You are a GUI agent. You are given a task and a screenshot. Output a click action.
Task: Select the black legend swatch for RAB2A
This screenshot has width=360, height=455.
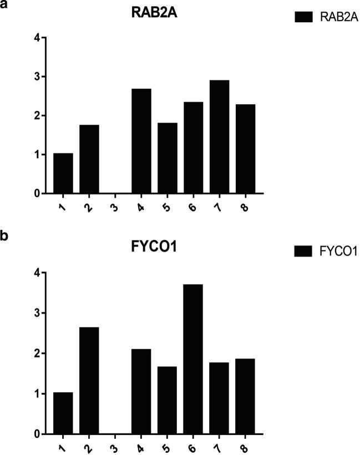(x=305, y=18)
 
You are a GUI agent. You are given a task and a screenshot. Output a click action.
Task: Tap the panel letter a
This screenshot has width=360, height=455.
(x=4, y=6)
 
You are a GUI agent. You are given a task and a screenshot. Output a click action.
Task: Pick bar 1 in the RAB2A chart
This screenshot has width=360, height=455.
(x=63, y=173)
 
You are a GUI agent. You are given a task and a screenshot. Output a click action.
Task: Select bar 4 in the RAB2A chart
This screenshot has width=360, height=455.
(x=141, y=141)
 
